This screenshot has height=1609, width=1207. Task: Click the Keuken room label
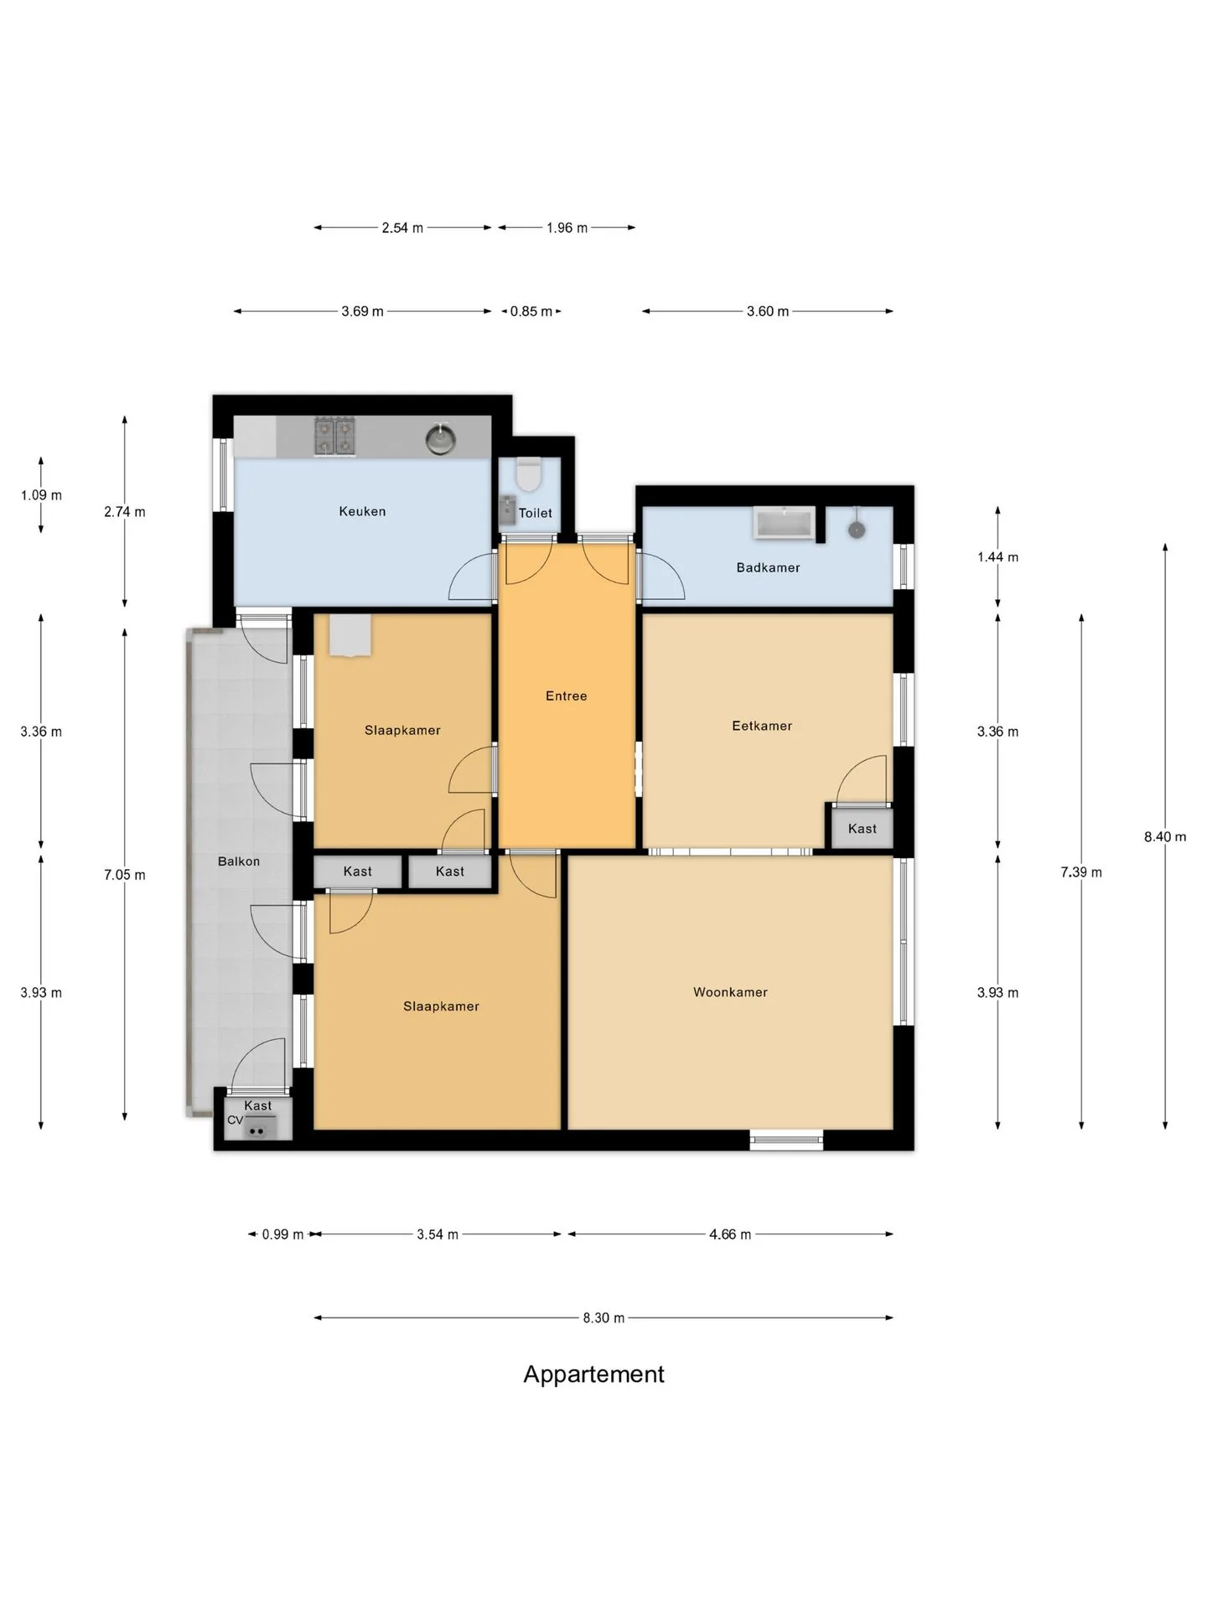tap(362, 511)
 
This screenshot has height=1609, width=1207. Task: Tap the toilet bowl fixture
tap(528, 474)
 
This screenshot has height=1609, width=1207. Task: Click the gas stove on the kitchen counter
tap(334, 437)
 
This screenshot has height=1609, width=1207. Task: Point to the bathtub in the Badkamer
tap(785, 523)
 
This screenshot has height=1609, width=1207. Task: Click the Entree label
tap(566, 696)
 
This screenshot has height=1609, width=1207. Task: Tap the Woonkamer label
tap(730, 992)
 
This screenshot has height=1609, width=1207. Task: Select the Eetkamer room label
tap(762, 726)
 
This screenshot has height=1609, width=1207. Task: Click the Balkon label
tap(239, 861)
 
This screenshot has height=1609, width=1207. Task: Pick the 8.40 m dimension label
tap(1165, 836)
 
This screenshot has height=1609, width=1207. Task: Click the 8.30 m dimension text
tap(603, 1318)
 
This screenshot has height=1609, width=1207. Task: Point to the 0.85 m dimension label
tap(531, 312)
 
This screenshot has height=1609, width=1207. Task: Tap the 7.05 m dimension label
tap(125, 875)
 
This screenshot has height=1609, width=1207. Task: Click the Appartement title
tap(594, 1374)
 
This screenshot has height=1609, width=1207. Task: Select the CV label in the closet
tap(235, 1120)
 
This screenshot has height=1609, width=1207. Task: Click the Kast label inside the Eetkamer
tap(862, 829)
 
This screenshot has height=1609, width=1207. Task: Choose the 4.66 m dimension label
tap(730, 1234)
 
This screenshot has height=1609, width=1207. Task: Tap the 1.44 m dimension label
tap(997, 557)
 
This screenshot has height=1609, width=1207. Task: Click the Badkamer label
tap(768, 567)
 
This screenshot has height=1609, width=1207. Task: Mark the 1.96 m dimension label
tap(567, 228)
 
